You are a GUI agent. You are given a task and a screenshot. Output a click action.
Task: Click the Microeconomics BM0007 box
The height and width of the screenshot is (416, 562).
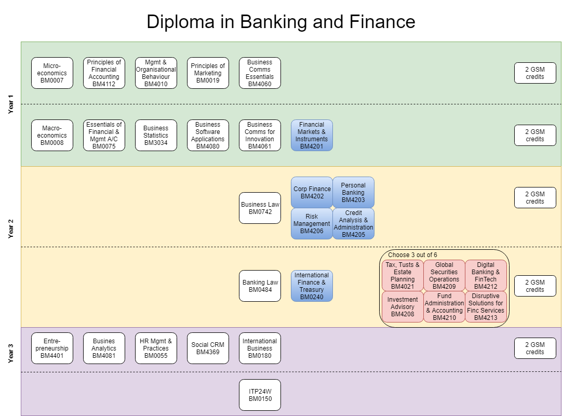click(x=52, y=73)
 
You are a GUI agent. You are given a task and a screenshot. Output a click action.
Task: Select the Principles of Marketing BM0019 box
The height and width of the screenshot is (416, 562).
click(x=208, y=73)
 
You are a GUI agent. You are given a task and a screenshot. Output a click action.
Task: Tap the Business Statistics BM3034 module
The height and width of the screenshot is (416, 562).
click(x=156, y=136)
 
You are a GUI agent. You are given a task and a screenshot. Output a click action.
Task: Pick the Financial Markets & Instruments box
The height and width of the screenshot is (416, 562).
click(x=312, y=136)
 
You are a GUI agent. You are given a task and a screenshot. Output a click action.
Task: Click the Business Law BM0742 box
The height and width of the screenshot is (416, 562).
click(x=260, y=208)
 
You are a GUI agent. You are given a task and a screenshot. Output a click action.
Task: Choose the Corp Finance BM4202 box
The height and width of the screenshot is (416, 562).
click(x=312, y=193)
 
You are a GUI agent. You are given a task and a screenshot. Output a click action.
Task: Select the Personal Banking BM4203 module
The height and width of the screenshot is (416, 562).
click(x=353, y=193)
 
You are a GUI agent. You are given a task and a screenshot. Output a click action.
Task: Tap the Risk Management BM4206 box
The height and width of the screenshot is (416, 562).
click(x=312, y=224)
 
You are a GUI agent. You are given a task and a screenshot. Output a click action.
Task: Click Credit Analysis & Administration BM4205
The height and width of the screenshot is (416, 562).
click(x=353, y=224)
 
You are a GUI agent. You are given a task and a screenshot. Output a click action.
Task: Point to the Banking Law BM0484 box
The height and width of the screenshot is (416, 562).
click(x=260, y=286)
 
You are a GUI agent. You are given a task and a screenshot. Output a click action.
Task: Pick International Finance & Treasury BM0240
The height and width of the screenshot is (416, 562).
click(x=312, y=286)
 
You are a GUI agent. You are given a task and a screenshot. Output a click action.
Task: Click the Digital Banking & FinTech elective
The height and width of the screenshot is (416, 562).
click(x=486, y=276)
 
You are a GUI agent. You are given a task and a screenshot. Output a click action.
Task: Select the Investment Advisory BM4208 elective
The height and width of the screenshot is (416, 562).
click(x=403, y=307)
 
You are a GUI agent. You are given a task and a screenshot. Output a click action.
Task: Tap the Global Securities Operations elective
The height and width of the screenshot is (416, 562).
click(x=444, y=276)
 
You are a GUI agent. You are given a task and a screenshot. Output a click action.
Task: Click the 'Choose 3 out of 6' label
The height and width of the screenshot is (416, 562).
click(x=412, y=255)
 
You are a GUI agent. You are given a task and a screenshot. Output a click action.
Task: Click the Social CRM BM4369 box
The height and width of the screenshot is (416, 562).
click(x=208, y=348)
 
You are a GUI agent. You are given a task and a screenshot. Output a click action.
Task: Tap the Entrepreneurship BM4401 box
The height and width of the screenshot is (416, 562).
click(x=52, y=348)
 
